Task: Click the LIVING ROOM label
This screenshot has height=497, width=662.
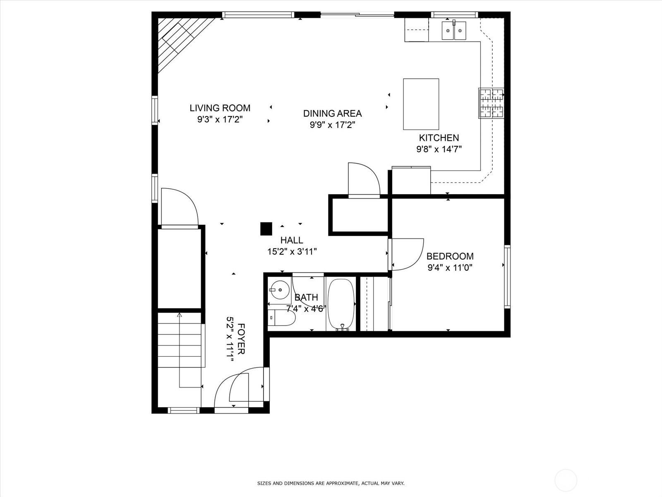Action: tap(220, 108)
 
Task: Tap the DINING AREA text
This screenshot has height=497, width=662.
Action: tap(332, 113)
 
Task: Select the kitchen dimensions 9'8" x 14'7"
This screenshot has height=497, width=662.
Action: tap(439, 149)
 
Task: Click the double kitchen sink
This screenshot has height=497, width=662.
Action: tap(454, 31)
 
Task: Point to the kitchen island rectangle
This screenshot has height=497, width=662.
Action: tap(421, 104)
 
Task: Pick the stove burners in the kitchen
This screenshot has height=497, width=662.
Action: tap(491, 103)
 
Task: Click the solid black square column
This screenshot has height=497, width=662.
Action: tap(266, 229)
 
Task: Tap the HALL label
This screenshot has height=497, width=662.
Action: tap(292, 240)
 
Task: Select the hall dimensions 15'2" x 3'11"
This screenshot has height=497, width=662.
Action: tap(292, 252)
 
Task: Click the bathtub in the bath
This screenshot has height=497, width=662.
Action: tap(341, 304)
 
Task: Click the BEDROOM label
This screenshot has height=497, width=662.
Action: tap(450, 256)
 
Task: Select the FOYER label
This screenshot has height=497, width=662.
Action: tap(242, 338)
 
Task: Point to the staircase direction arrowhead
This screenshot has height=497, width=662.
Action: tap(180, 315)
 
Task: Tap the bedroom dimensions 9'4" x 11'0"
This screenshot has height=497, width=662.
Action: tap(450, 268)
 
